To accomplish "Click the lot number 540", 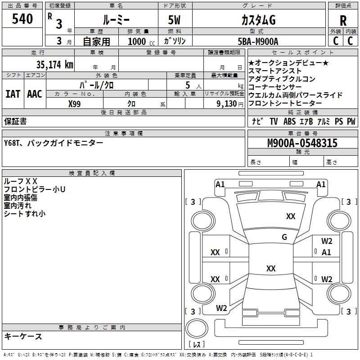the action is tap(22, 19).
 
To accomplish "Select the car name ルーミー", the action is tap(116, 20).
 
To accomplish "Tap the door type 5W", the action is tap(174, 20).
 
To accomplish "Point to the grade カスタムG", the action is tap(258, 20).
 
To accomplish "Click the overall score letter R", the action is tap(343, 21).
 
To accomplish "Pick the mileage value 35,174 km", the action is tap(54, 64).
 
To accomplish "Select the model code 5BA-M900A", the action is tap(258, 41).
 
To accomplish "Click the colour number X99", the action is tap(74, 104).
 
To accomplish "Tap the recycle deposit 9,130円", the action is tap(230, 104).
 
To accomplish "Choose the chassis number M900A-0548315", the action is tap(302, 143).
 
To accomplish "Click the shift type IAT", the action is tap(13, 94).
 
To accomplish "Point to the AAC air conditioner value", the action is tap(35, 94).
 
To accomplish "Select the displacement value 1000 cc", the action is tap(141, 41).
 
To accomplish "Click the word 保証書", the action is tap(15, 121).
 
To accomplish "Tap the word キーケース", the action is tap(23, 336).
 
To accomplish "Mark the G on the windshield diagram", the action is tap(284, 237).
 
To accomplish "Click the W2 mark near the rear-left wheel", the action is tap(221, 308).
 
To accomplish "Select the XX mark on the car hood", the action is tap(291, 216).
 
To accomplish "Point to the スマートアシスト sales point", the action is tap(275, 71).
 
